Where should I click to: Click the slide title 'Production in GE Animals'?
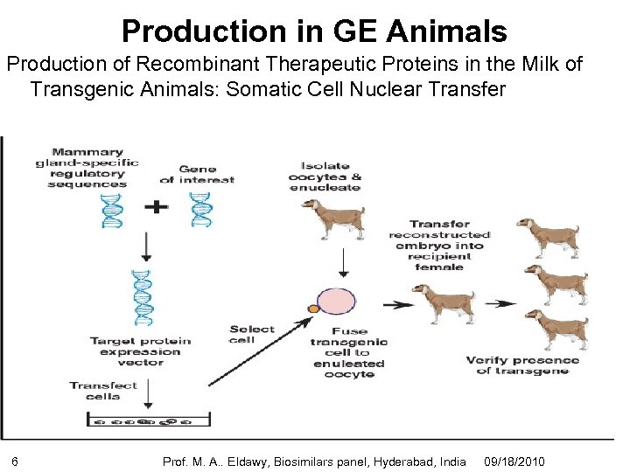coord(314,31)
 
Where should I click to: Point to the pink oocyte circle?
coord(336,302)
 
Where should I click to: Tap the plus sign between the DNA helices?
coord(157,209)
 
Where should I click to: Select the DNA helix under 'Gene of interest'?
coord(200,209)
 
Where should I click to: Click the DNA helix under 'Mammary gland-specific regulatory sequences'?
coord(112,209)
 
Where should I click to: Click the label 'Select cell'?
coord(251,334)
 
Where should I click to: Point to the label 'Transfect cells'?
coord(103,390)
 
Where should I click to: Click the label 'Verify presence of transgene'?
coord(522,365)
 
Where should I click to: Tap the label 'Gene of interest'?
coord(197,174)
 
